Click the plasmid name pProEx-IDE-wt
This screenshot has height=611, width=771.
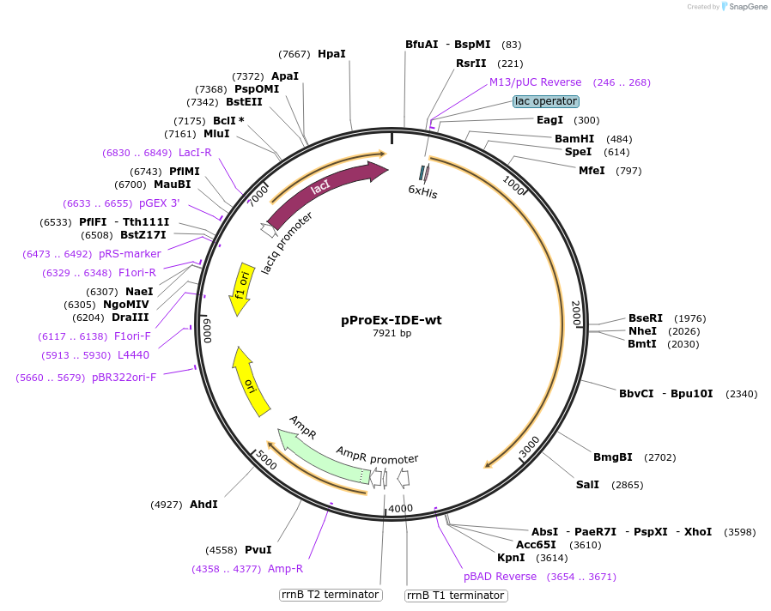392,320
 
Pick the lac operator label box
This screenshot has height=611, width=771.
546,101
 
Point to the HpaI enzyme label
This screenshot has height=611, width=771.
331,53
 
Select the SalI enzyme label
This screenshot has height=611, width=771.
587,485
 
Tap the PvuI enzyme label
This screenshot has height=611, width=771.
258,550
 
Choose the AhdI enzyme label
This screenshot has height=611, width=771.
203,505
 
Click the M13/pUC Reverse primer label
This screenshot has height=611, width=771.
535,82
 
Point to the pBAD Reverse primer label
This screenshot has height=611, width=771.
500,577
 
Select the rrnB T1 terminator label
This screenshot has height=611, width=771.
455,596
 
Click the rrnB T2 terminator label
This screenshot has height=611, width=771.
331,595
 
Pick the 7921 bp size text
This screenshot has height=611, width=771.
392,333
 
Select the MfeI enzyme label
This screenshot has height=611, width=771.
592,170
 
